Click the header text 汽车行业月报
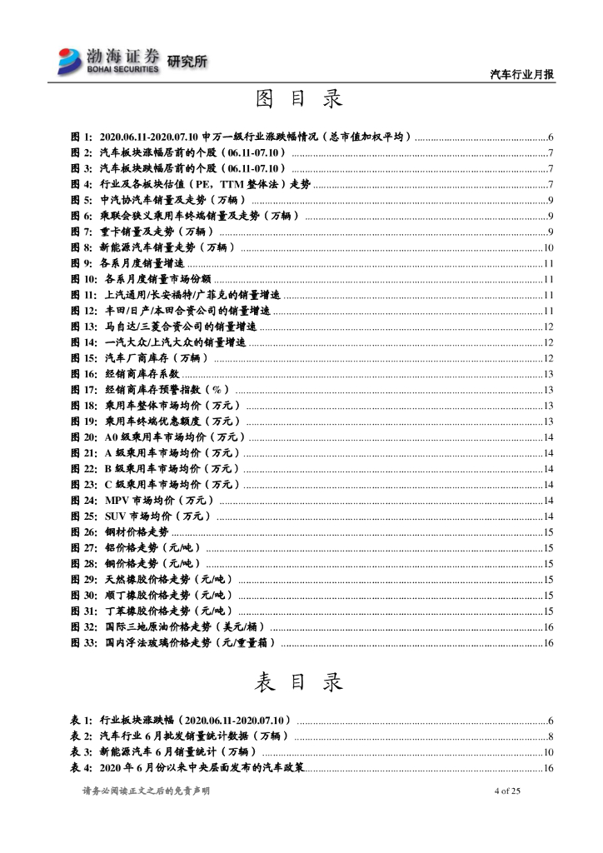[x=522, y=74]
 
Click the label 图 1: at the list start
[x=82, y=137]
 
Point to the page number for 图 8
[x=548, y=247]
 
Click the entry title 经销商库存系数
[x=137, y=374]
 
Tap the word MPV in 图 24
[x=117, y=500]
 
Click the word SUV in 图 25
[x=116, y=516]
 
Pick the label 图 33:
[x=84, y=642]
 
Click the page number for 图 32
[x=548, y=626]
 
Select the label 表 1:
[x=82, y=720]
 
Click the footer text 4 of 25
[x=507, y=791]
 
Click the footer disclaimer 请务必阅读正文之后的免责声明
[x=146, y=791]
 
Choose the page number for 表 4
[x=548, y=767]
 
